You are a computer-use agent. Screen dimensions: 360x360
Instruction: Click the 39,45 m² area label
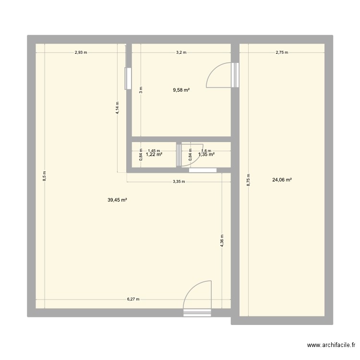(117, 200)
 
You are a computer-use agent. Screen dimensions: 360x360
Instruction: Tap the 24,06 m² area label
(282, 180)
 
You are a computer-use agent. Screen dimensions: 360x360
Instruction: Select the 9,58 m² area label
(181, 90)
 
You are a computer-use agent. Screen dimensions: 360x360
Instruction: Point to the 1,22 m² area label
(154, 155)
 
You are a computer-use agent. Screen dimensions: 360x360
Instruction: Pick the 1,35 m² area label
(207, 155)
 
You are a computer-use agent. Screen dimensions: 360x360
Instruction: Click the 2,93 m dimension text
(81, 53)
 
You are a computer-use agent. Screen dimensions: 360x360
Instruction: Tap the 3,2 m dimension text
(181, 53)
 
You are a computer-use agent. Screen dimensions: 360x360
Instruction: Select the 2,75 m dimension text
(281, 53)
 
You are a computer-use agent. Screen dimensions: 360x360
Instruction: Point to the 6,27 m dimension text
(133, 299)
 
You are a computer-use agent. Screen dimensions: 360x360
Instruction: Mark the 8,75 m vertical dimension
(248, 180)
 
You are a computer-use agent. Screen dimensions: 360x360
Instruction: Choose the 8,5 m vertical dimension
(44, 176)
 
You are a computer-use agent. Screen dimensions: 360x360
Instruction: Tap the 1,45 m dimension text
(154, 150)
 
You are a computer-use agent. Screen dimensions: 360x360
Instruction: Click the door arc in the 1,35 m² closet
(186, 156)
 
